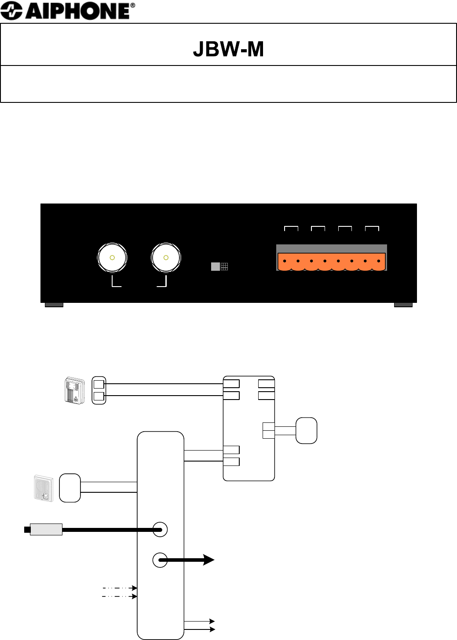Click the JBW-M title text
coord(228,49)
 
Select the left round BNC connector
coord(112,258)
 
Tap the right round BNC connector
coord(166,258)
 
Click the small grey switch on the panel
coord(216,266)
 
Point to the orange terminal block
coord(332,262)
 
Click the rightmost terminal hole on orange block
coord(378,262)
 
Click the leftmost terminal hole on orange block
coord(285,262)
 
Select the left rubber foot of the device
coord(54,304)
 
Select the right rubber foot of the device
coord(403,304)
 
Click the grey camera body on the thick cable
coord(46,529)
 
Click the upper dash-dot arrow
coord(120,588)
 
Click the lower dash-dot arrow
coord(120,596)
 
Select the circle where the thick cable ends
coord(160,529)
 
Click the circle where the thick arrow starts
coord(160,560)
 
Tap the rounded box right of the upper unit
coord(307,430)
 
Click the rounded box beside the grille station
coord(70,487)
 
